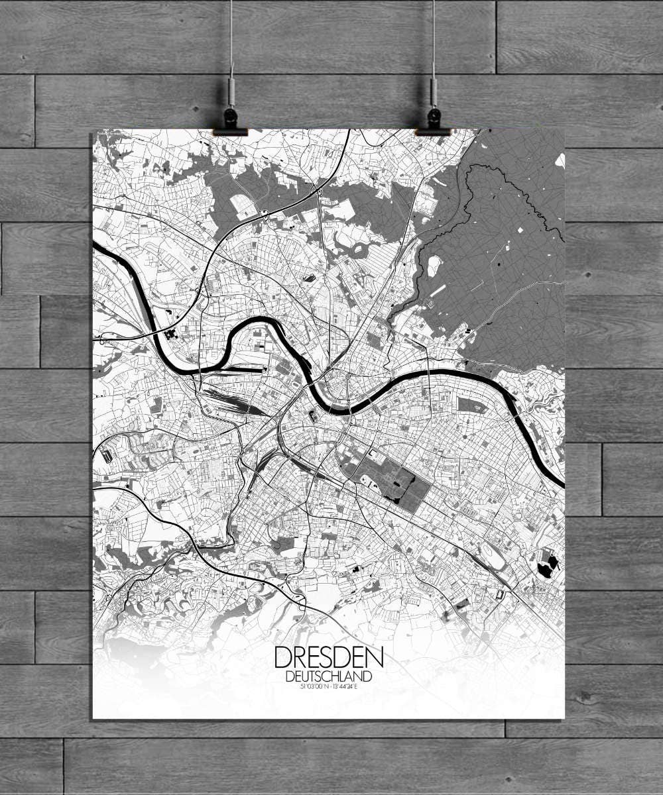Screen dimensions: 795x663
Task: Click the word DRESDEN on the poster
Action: (328, 658)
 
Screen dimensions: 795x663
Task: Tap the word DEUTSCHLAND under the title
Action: (328, 676)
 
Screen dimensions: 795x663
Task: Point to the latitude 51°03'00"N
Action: (314, 686)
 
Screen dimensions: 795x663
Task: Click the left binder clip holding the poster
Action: (230, 123)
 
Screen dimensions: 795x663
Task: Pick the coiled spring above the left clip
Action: (231, 92)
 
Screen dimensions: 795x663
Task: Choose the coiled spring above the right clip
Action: (433, 92)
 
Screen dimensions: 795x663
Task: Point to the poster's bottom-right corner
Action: (564, 718)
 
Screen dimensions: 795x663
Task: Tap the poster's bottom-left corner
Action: (93, 718)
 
